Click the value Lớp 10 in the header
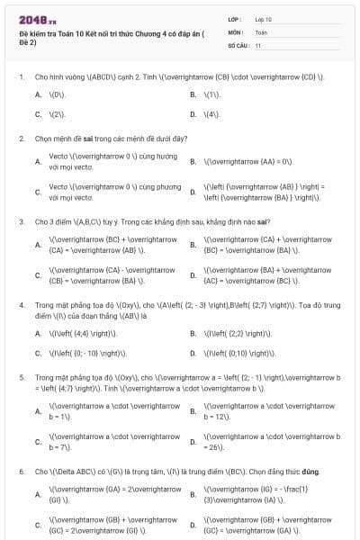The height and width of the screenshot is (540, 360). click(264, 19)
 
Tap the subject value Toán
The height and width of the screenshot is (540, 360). click(261, 31)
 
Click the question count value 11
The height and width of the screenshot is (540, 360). click(258, 44)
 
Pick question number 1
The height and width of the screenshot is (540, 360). click(21, 77)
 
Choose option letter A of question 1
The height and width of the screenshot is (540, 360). click(38, 94)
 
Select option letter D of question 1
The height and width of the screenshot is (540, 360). click(193, 114)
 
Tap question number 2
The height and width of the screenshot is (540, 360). click(21, 139)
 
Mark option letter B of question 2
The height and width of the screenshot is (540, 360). click(193, 161)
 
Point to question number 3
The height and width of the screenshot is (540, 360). click(21, 220)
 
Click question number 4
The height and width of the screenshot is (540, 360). click(21, 304)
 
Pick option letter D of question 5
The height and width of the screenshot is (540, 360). click(193, 442)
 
